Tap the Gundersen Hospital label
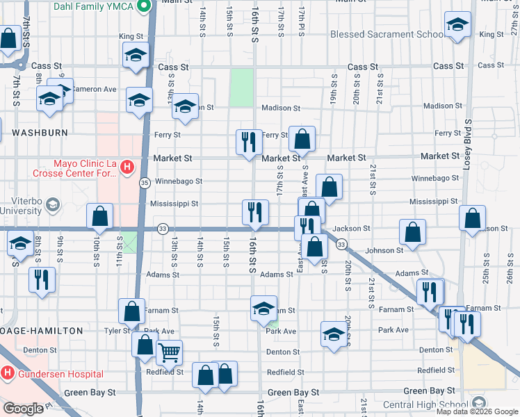pyautogui.click(x=61, y=374)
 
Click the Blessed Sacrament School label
pyautogui.click(x=387, y=34)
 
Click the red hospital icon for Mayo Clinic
pyautogui.click(x=127, y=167)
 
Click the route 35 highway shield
pyautogui.click(x=145, y=182)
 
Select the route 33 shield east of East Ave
pyautogui.click(x=341, y=245)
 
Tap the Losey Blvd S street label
pyautogui.click(x=469, y=146)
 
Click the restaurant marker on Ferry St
pyautogui.click(x=249, y=142)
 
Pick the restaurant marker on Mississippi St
pyautogui.click(x=255, y=212)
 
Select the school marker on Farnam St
pyautogui.click(x=263, y=309)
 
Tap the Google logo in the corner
pyautogui.click(x=23, y=409)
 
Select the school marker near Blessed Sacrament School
pyautogui.click(x=458, y=26)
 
